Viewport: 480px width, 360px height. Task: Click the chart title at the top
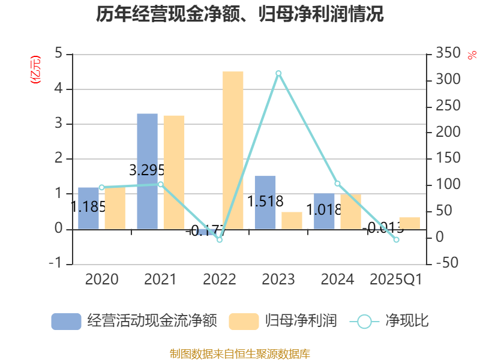click(x=239, y=14)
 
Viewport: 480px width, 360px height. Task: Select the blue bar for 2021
click(x=147, y=171)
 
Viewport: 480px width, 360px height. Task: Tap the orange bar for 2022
click(x=233, y=150)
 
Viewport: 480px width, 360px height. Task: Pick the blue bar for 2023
click(x=265, y=202)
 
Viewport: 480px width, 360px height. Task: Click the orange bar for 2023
click(x=292, y=220)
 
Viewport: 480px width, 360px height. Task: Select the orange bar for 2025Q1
click(x=409, y=223)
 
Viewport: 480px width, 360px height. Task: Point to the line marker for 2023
click(x=278, y=73)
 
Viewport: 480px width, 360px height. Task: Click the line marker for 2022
click(x=220, y=239)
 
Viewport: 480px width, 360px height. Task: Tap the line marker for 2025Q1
click(x=396, y=239)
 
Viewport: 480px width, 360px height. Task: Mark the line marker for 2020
click(x=101, y=187)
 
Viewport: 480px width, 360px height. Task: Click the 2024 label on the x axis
click(x=337, y=280)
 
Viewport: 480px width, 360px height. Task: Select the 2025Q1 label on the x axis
click(x=396, y=280)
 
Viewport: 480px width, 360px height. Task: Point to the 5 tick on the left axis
click(x=59, y=54)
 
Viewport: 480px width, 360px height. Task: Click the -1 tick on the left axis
click(x=56, y=264)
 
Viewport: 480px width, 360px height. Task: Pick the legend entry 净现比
click(x=390, y=321)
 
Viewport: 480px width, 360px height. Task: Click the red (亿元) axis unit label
click(x=36, y=69)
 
